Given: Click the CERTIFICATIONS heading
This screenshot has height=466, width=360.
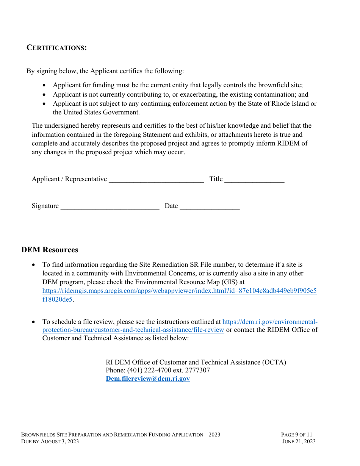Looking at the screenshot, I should click(x=56, y=48).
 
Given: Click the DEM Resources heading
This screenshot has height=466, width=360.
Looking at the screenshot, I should click(x=50, y=250).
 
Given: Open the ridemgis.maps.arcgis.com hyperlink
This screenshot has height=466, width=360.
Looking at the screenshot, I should click(x=179, y=291).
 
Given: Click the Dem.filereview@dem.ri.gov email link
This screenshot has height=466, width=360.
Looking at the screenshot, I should click(x=147, y=378).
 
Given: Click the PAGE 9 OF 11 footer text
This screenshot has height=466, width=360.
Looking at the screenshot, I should click(x=296, y=435).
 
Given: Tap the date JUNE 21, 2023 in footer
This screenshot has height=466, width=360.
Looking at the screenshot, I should click(x=299, y=441).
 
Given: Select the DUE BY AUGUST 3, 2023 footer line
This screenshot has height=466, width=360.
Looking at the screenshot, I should click(x=50, y=441).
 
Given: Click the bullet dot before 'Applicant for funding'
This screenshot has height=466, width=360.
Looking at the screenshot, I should click(x=45, y=86).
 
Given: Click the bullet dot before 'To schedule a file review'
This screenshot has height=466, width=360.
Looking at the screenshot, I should click(x=34, y=322).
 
